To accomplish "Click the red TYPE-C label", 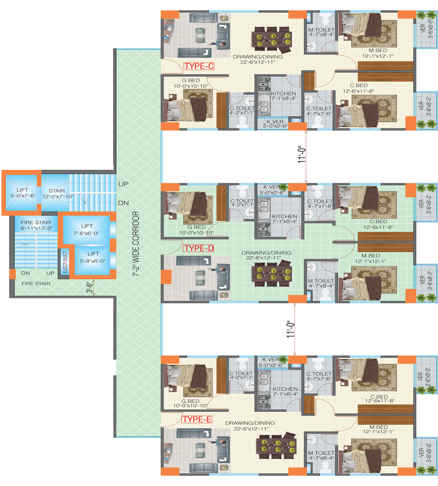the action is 199,66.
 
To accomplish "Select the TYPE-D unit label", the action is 199,248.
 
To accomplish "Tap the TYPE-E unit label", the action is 197,419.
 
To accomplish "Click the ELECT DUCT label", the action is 65,262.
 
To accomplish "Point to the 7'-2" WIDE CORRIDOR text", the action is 136,243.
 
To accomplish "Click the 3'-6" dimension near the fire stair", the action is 90,288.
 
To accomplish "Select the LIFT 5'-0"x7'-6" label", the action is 23,193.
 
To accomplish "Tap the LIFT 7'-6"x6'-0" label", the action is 87,230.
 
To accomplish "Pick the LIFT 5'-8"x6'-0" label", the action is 92,257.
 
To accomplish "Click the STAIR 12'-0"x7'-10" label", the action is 58,194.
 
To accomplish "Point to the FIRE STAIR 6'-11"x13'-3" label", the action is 36,226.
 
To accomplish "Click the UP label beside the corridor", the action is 123,184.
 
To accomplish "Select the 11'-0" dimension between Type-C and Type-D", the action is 302,155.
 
